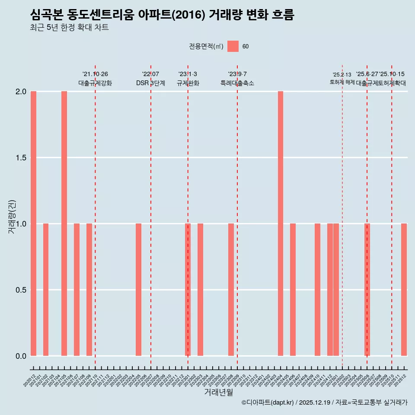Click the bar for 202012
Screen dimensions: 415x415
(x=33, y=223)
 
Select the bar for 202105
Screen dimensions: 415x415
(x=64, y=223)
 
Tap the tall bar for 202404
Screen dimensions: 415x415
(x=281, y=223)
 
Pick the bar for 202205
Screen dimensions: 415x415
(x=138, y=290)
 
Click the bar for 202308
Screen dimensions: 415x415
(x=231, y=290)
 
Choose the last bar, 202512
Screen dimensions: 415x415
(x=404, y=290)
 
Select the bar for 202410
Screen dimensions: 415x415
(x=317, y=290)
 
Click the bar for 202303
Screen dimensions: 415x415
(x=200, y=290)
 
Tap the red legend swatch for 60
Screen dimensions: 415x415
(x=233, y=46)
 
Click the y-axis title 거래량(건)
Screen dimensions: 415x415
(x=12, y=216)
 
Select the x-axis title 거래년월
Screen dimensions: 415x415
(x=218, y=392)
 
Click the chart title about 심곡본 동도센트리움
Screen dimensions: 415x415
(x=162, y=15)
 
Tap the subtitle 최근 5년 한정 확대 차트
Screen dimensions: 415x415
(x=69, y=28)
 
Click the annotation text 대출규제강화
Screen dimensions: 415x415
(x=95, y=83)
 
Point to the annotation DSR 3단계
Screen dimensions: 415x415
(x=150, y=83)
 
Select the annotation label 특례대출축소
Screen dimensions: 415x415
(x=237, y=83)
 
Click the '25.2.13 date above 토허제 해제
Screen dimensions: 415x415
(x=342, y=75)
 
